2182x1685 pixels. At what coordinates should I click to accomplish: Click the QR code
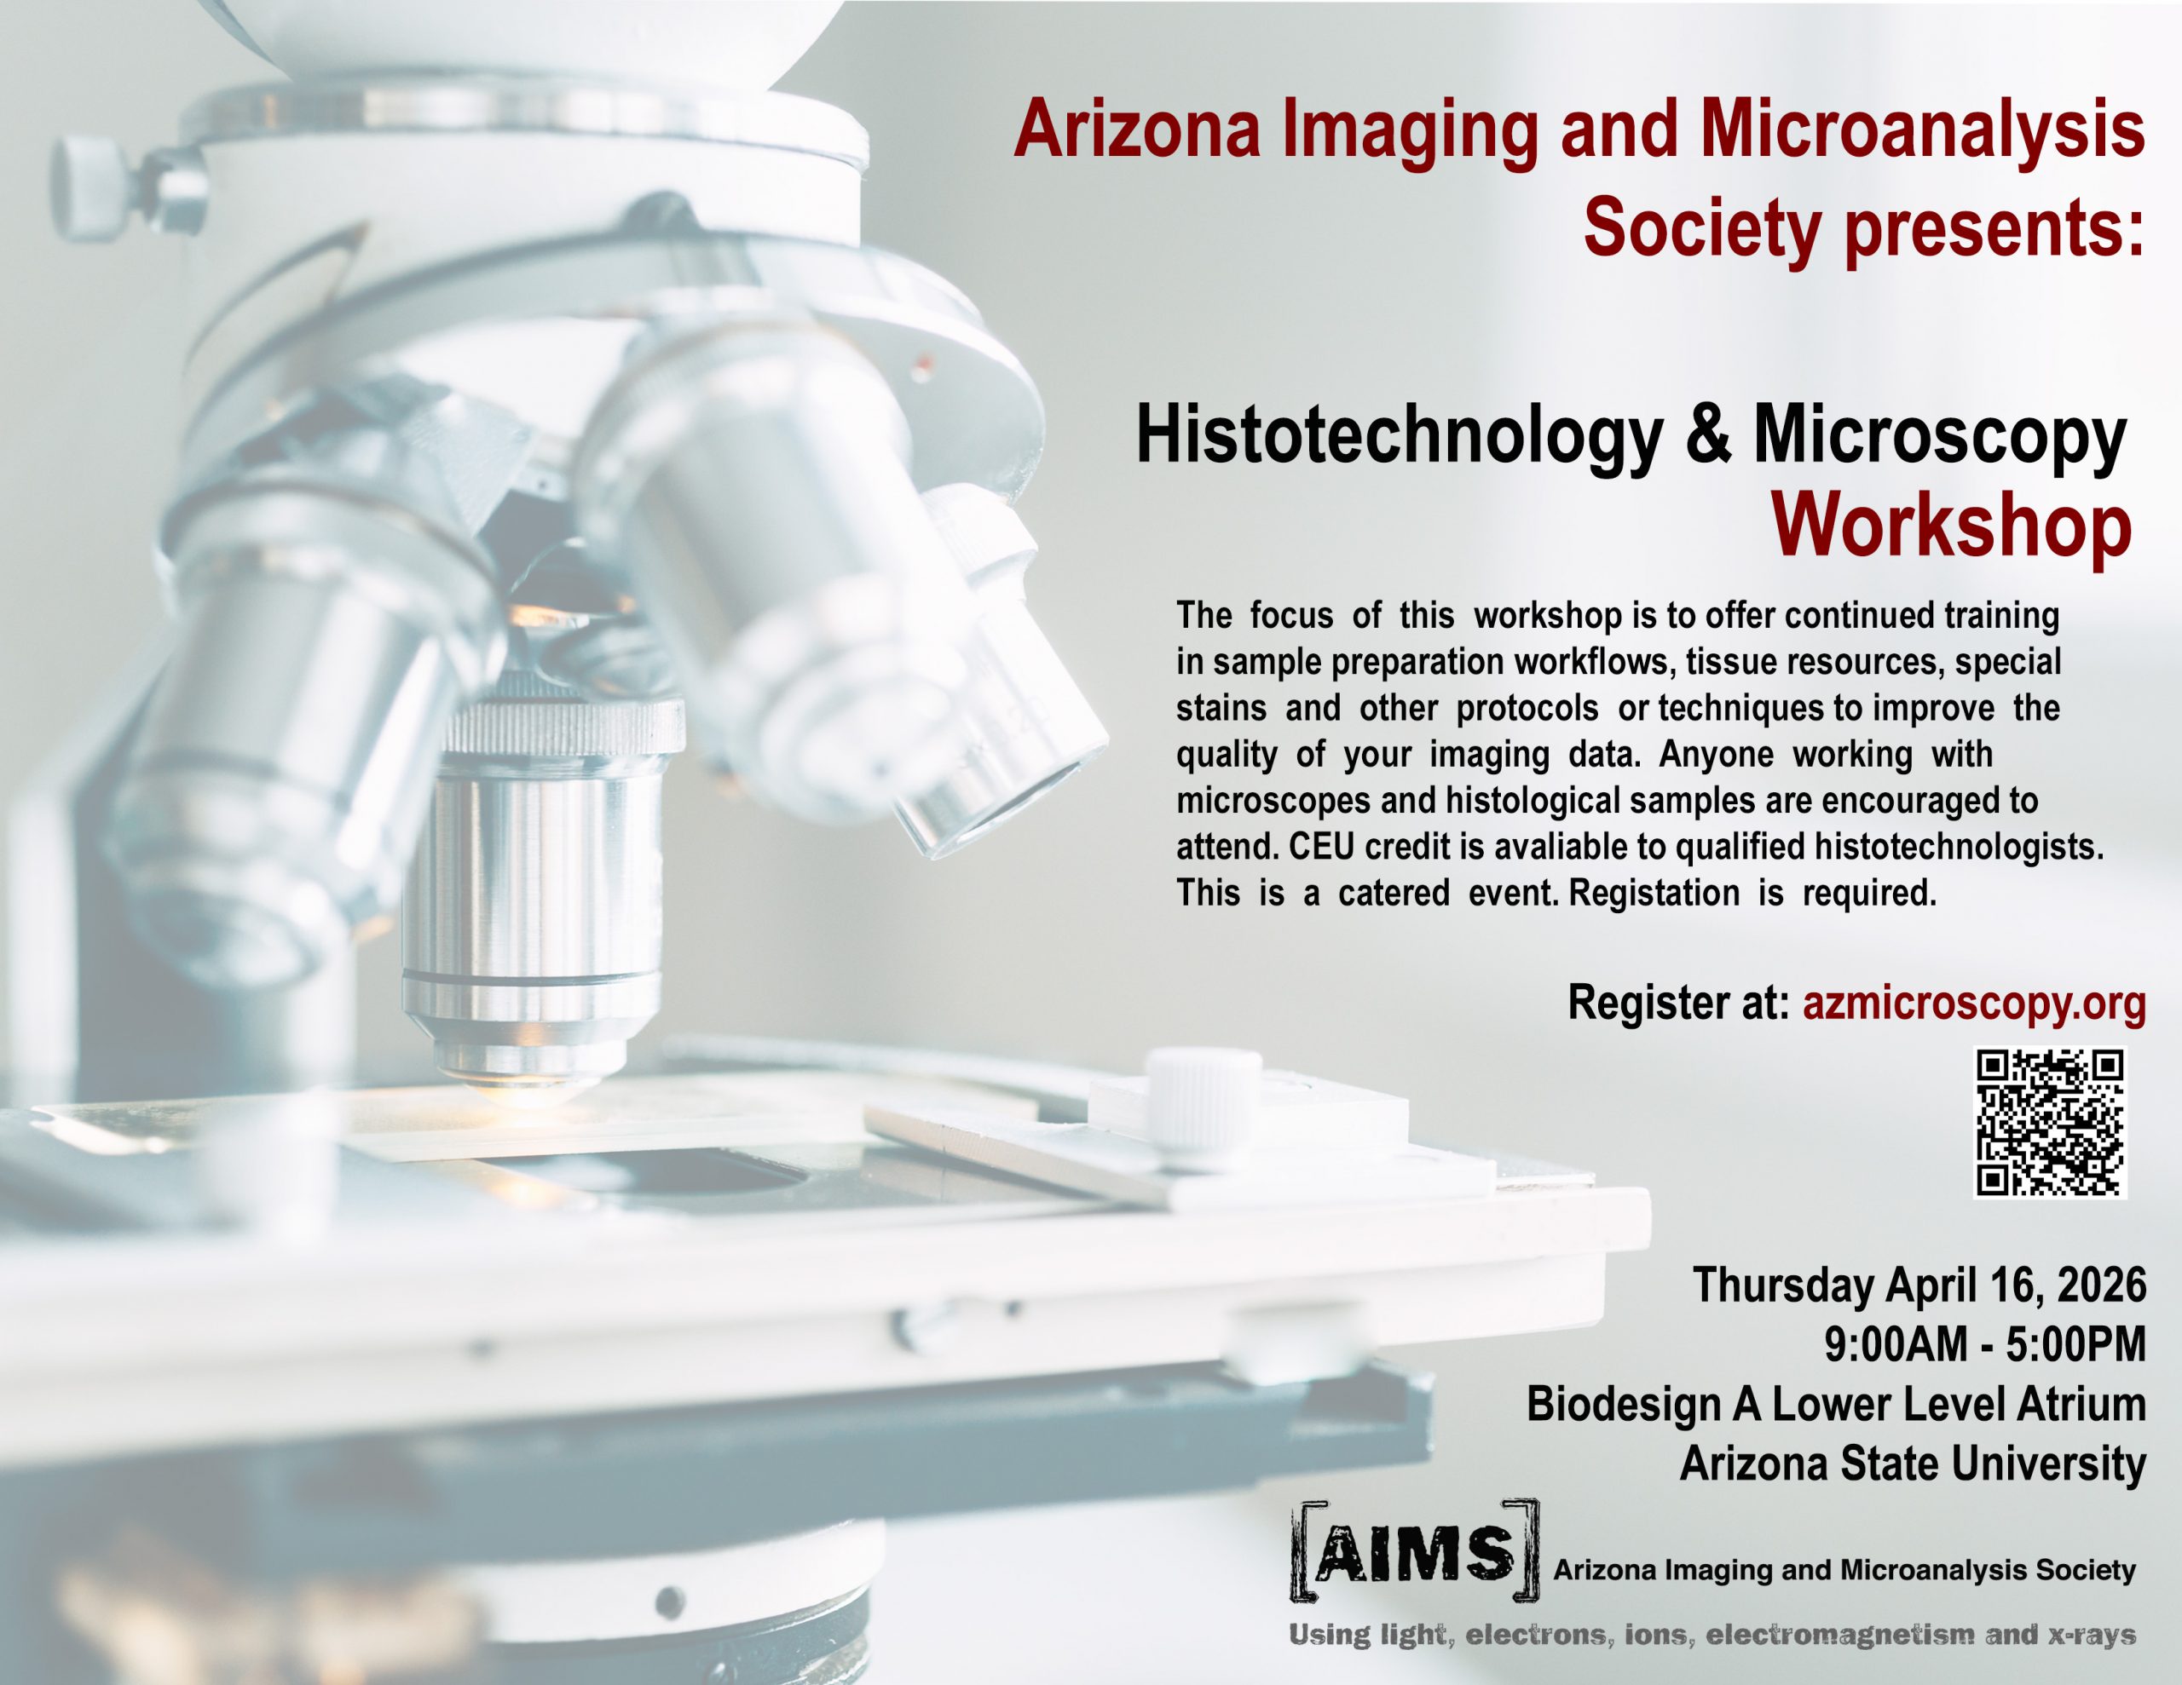[x=2050, y=1123]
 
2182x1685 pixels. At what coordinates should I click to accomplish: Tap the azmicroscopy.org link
[x=1974, y=1004]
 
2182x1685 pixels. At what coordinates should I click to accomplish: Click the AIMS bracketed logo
[x=1415, y=1551]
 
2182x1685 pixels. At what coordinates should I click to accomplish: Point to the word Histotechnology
[x=1400, y=435]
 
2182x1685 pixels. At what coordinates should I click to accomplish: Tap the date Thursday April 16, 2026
[x=1919, y=1285]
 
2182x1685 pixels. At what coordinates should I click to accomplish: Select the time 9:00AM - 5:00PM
[x=1985, y=1344]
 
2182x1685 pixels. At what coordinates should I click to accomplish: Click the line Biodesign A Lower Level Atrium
[x=1836, y=1405]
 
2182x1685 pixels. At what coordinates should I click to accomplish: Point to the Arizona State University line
[x=1914, y=1464]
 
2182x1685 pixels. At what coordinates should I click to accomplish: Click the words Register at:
[x=1678, y=1003]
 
